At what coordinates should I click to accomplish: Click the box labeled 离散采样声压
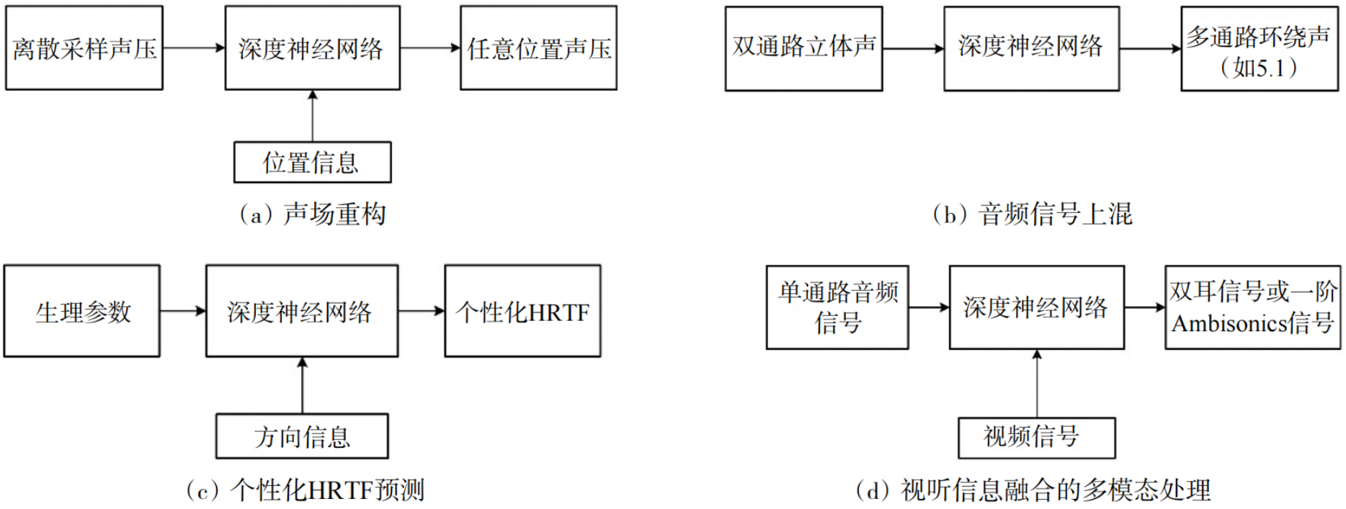pyautogui.click(x=84, y=48)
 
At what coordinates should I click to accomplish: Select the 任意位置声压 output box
pyautogui.click(x=538, y=48)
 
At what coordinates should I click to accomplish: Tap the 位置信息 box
pyautogui.click(x=312, y=162)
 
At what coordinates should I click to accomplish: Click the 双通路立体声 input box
pyautogui.click(x=803, y=48)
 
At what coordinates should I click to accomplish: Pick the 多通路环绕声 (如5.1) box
pyautogui.click(x=1259, y=49)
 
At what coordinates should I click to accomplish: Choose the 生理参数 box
pyautogui.click(x=82, y=311)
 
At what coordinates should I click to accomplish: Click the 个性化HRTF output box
pyautogui.click(x=522, y=311)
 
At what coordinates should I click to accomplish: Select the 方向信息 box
pyautogui.click(x=302, y=436)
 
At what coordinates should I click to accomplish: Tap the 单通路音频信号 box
pyautogui.click(x=837, y=307)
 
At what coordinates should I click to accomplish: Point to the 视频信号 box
pyautogui.click(x=1036, y=437)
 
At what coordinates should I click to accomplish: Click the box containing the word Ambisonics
pyautogui.click(x=1252, y=307)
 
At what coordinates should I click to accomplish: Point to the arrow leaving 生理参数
pyautogui.click(x=183, y=311)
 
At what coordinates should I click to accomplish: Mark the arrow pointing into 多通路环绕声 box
pyautogui.click(x=1150, y=49)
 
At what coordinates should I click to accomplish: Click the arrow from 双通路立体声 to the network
pyautogui.click(x=913, y=49)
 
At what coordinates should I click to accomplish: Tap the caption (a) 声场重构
pyautogui.click(x=313, y=214)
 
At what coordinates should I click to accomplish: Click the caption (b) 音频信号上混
pyautogui.click(x=1032, y=214)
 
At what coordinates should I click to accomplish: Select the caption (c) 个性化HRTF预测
pyautogui.click(x=306, y=490)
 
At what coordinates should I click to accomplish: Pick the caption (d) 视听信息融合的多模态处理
pyautogui.click(x=1033, y=490)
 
